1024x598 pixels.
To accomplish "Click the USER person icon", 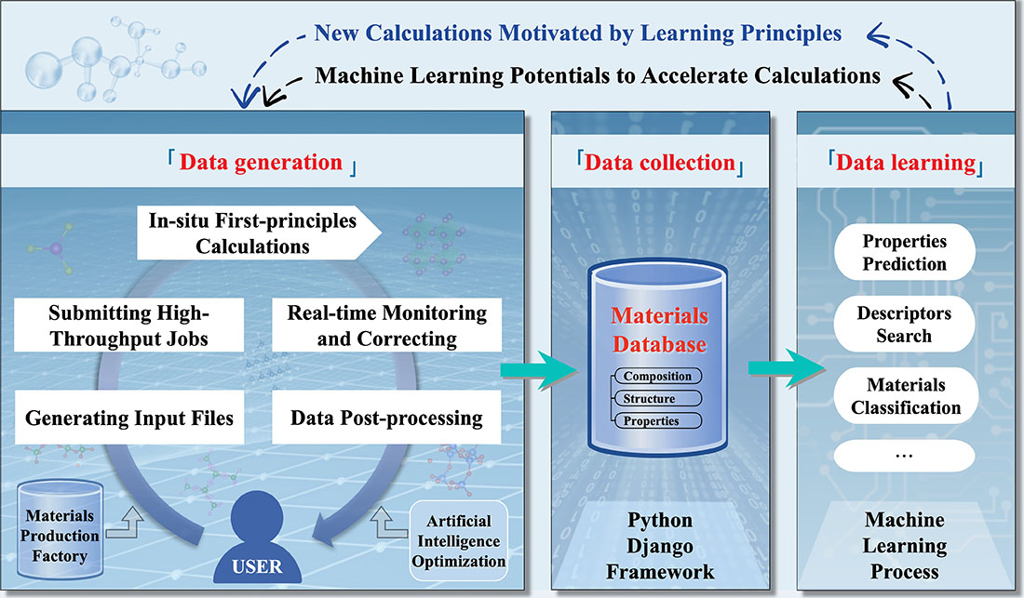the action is click(x=257, y=541).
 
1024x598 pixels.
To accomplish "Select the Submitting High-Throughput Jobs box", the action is click(x=128, y=326).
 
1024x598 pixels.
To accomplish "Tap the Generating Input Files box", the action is click(x=128, y=418).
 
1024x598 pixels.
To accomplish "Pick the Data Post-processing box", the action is click(x=386, y=418).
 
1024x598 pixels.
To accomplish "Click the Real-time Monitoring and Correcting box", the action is click(x=386, y=326).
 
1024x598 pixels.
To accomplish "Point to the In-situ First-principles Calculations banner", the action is click(x=259, y=233).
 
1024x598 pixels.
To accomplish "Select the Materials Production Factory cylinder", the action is click(x=60, y=530).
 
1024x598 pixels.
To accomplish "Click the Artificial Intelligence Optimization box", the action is click(x=458, y=540).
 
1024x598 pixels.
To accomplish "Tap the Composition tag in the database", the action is click(x=657, y=377).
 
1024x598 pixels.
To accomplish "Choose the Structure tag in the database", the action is click(x=657, y=398).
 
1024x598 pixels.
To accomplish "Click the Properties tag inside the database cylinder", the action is click(x=657, y=420).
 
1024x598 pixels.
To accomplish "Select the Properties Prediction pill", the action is click(x=905, y=252).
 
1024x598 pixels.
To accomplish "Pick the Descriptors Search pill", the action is click(x=905, y=324).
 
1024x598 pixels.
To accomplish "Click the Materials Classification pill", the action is click(x=906, y=396).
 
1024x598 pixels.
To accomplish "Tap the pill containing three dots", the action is click(x=905, y=455).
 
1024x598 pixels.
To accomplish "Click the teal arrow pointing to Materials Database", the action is click(x=539, y=370).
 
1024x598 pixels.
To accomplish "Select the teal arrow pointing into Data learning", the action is click(x=787, y=368).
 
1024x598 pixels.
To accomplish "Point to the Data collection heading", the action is click(x=660, y=163).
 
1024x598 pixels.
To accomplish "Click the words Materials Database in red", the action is click(x=660, y=330).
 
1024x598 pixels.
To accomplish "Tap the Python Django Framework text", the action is click(x=660, y=546).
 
